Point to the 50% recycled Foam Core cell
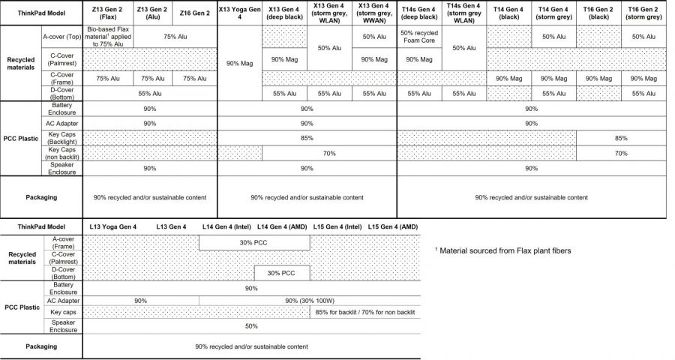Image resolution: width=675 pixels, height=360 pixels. click(x=418, y=36)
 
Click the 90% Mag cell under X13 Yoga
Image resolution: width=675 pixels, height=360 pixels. click(x=238, y=63)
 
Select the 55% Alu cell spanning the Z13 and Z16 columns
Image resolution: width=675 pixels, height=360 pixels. click(x=150, y=94)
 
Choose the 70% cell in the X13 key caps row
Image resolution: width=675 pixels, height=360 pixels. click(x=328, y=153)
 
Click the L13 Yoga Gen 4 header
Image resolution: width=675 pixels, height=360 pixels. click(x=112, y=226)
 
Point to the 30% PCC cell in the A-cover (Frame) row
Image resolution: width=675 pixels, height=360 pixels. click(x=254, y=242)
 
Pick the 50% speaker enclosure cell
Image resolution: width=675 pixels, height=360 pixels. click(x=251, y=326)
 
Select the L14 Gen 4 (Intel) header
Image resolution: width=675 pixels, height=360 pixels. click(x=226, y=226)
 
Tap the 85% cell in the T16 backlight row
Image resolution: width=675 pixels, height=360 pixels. click(x=621, y=138)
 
